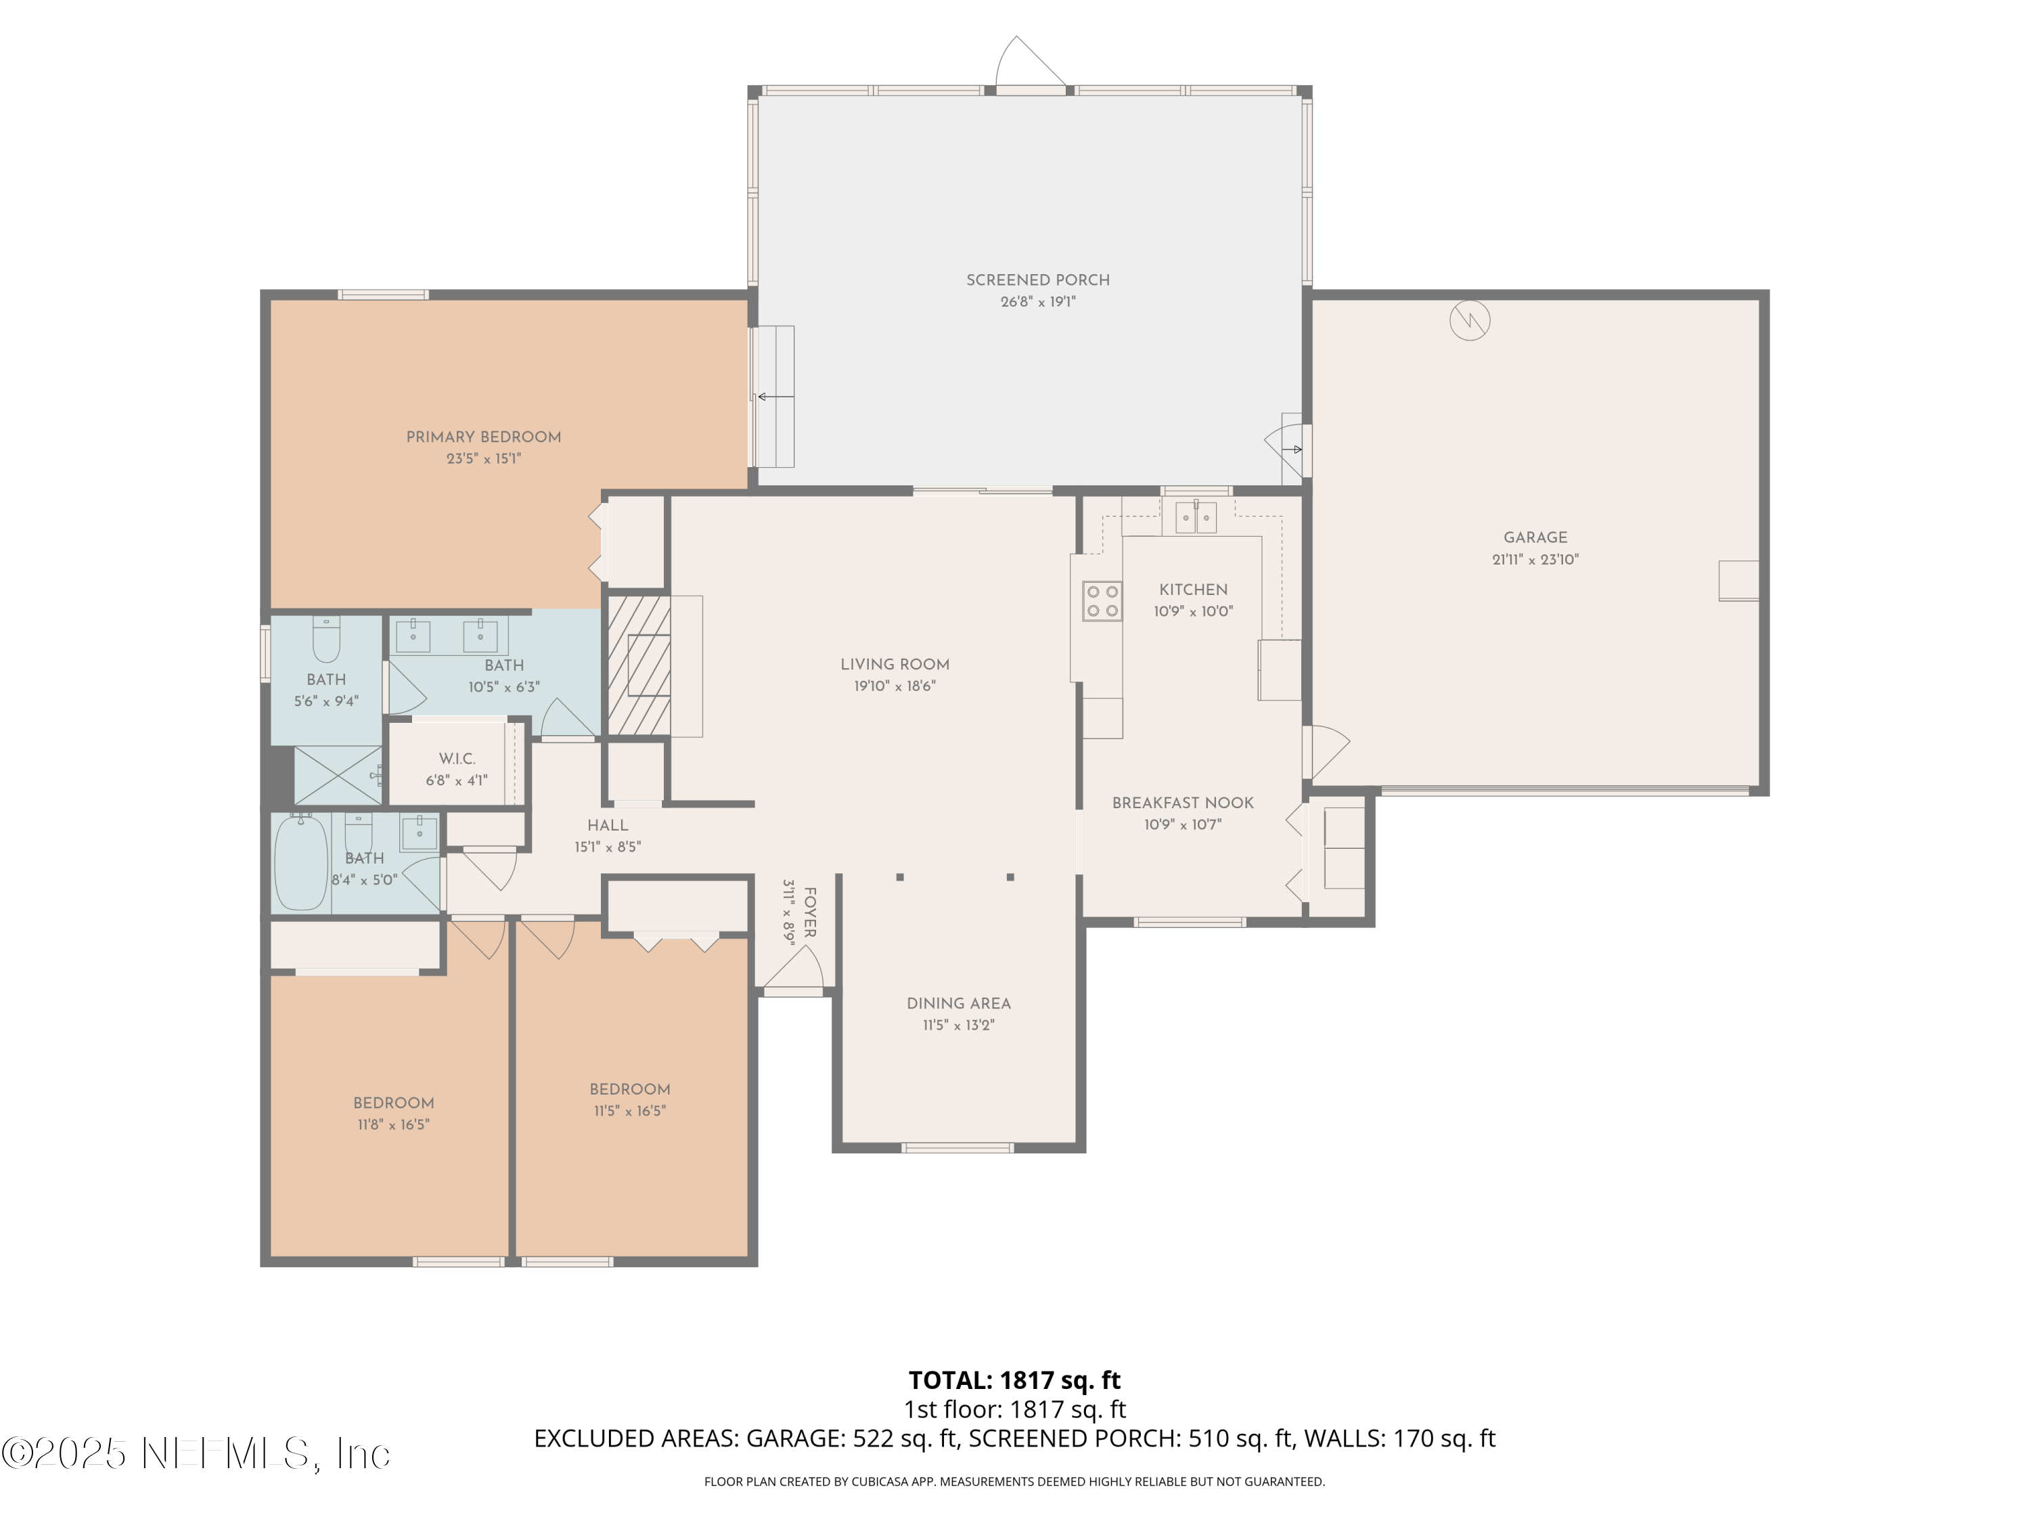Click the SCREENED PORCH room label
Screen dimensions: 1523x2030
click(1037, 280)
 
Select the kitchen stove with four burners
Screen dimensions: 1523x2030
click(1101, 601)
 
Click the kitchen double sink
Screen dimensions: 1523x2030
click(1195, 518)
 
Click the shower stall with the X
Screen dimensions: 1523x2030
click(337, 776)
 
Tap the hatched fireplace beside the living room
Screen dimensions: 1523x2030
click(639, 665)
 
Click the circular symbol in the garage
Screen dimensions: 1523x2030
click(1468, 320)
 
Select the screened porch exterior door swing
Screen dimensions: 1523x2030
click(1029, 62)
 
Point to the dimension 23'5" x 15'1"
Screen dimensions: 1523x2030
click(484, 459)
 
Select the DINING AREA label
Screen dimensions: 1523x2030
click(958, 1003)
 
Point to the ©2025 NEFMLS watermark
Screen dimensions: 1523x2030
click(196, 1453)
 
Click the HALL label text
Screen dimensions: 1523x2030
click(608, 825)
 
